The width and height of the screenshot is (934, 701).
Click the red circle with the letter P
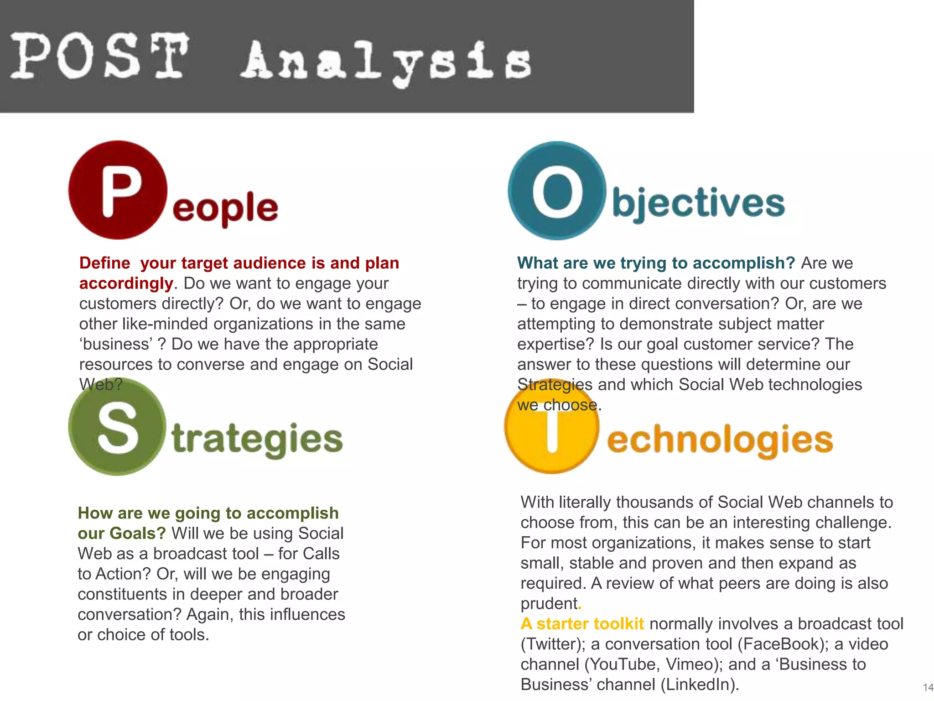118,190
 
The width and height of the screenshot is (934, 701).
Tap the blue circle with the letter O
557,191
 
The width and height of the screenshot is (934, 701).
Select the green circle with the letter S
117,427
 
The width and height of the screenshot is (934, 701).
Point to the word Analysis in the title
386,62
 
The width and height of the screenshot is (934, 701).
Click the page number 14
928,687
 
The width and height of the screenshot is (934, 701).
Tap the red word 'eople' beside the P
225,208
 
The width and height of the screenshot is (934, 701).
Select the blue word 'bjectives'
698,204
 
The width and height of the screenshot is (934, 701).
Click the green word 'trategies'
257,439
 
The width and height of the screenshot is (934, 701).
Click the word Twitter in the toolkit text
551,644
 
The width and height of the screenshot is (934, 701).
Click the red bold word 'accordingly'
126,283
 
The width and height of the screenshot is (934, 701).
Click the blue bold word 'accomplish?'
744,263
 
